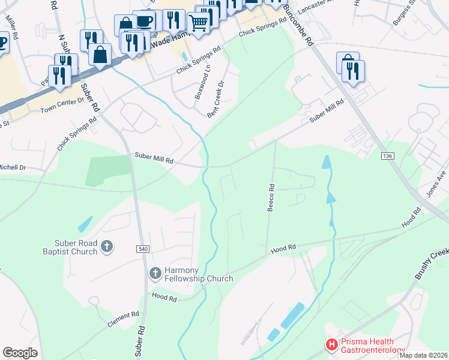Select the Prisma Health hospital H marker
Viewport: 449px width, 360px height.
(331, 344)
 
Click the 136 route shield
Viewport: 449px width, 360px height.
(387, 156)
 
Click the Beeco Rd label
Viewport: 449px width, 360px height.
(271, 197)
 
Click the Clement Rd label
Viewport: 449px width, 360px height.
(124, 319)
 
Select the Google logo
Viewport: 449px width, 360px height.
(20, 352)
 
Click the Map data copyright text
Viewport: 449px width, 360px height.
(423, 355)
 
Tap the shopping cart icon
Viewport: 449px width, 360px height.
(198, 23)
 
